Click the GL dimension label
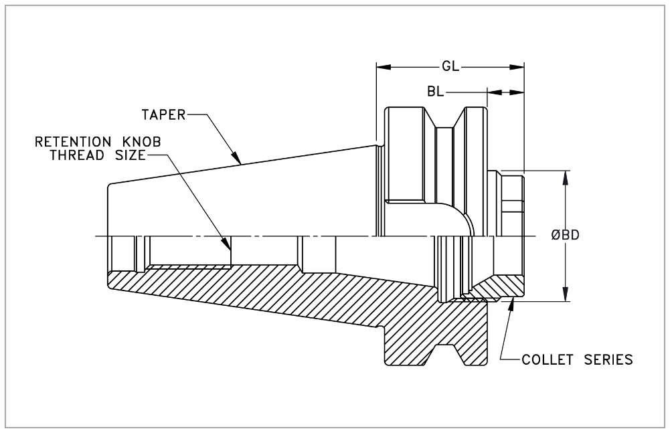(450, 67)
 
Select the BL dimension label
(434, 91)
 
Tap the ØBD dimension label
(566, 236)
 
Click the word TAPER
(163, 114)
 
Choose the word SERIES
(608, 360)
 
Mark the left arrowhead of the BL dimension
(493, 92)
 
